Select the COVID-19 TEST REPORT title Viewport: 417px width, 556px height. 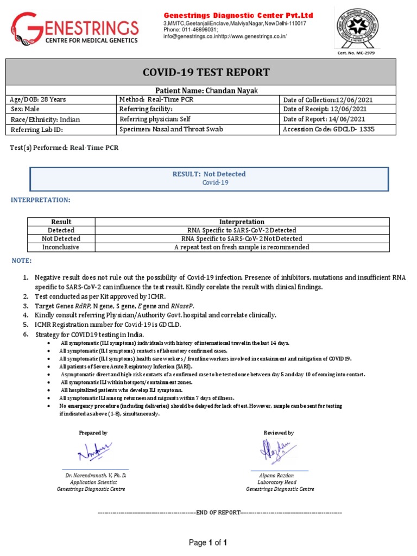[x=206, y=73]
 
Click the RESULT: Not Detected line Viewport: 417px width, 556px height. [x=208, y=174]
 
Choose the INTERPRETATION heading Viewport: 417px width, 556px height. [x=41, y=200]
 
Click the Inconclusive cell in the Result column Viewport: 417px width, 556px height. [x=61, y=247]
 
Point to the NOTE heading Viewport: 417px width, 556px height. [x=22, y=261]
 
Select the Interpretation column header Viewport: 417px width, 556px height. [x=242, y=222]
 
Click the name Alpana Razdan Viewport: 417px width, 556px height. [x=280, y=475]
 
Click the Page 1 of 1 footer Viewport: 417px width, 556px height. [x=207, y=542]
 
